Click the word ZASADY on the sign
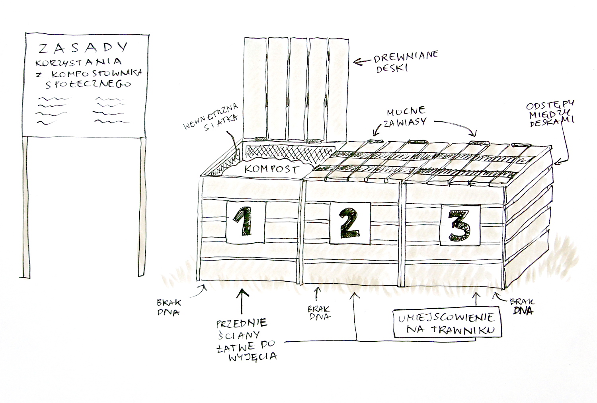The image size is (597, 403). tap(83, 48)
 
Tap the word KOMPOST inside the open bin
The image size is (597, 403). tap(271, 169)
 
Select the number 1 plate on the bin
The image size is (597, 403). tap(246, 222)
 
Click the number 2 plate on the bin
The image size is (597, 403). tap(350, 223)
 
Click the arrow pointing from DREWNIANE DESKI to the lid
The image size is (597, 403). tap(362, 62)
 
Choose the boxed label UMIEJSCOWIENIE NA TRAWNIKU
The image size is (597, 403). tap(447, 323)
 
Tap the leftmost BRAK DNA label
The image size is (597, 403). tap(169, 308)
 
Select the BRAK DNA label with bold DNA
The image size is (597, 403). tap(522, 307)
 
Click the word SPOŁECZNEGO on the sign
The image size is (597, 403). tap(88, 84)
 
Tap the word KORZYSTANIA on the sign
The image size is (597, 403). tap(79, 63)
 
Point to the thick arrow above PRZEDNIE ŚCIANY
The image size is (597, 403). tap(242, 301)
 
